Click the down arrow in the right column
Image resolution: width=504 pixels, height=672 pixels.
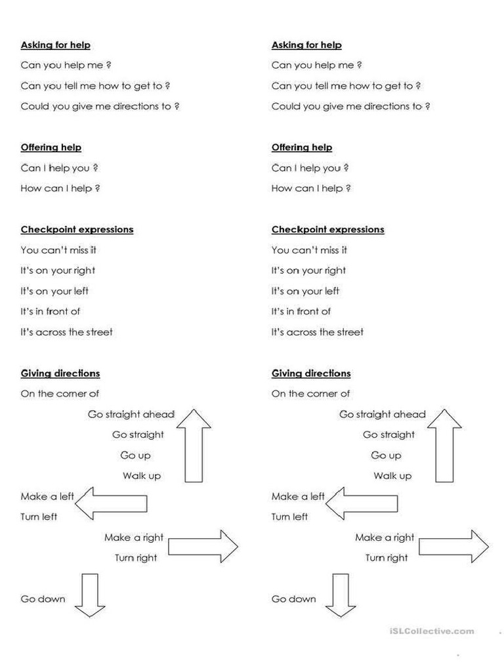pyautogui.click(x=341, y=595)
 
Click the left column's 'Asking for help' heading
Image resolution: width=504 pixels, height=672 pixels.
pyautogui.click(x=56, y=45)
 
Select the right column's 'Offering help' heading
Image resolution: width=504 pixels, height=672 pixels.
pyautogui.click(x=302, y=148)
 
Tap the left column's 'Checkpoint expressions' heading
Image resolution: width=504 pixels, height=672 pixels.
pyautogui.click(x=77, y=230)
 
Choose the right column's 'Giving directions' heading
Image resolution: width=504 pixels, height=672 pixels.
pyautogui.click(x=311, y=373)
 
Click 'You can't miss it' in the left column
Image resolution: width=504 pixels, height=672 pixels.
pyautogui.click(x=59, y=250)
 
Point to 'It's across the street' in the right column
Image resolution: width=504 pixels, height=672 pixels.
pyautogui.click(x=318, y=332)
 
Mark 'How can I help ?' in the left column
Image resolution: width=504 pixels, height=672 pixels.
pyautogui.click(x=60, y=188)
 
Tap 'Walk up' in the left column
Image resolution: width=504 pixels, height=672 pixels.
pyautogui.click(x=142, y=476)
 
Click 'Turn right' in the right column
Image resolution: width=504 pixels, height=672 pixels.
pyautogui.click(x=387, y=558)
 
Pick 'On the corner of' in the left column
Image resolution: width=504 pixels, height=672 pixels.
pyautogui.click(x=60, y=394)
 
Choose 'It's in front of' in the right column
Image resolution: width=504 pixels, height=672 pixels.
pyautogui.click(x=301, y=312)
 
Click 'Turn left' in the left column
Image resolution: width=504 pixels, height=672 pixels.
pyautogui.click(x=39, y=517)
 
